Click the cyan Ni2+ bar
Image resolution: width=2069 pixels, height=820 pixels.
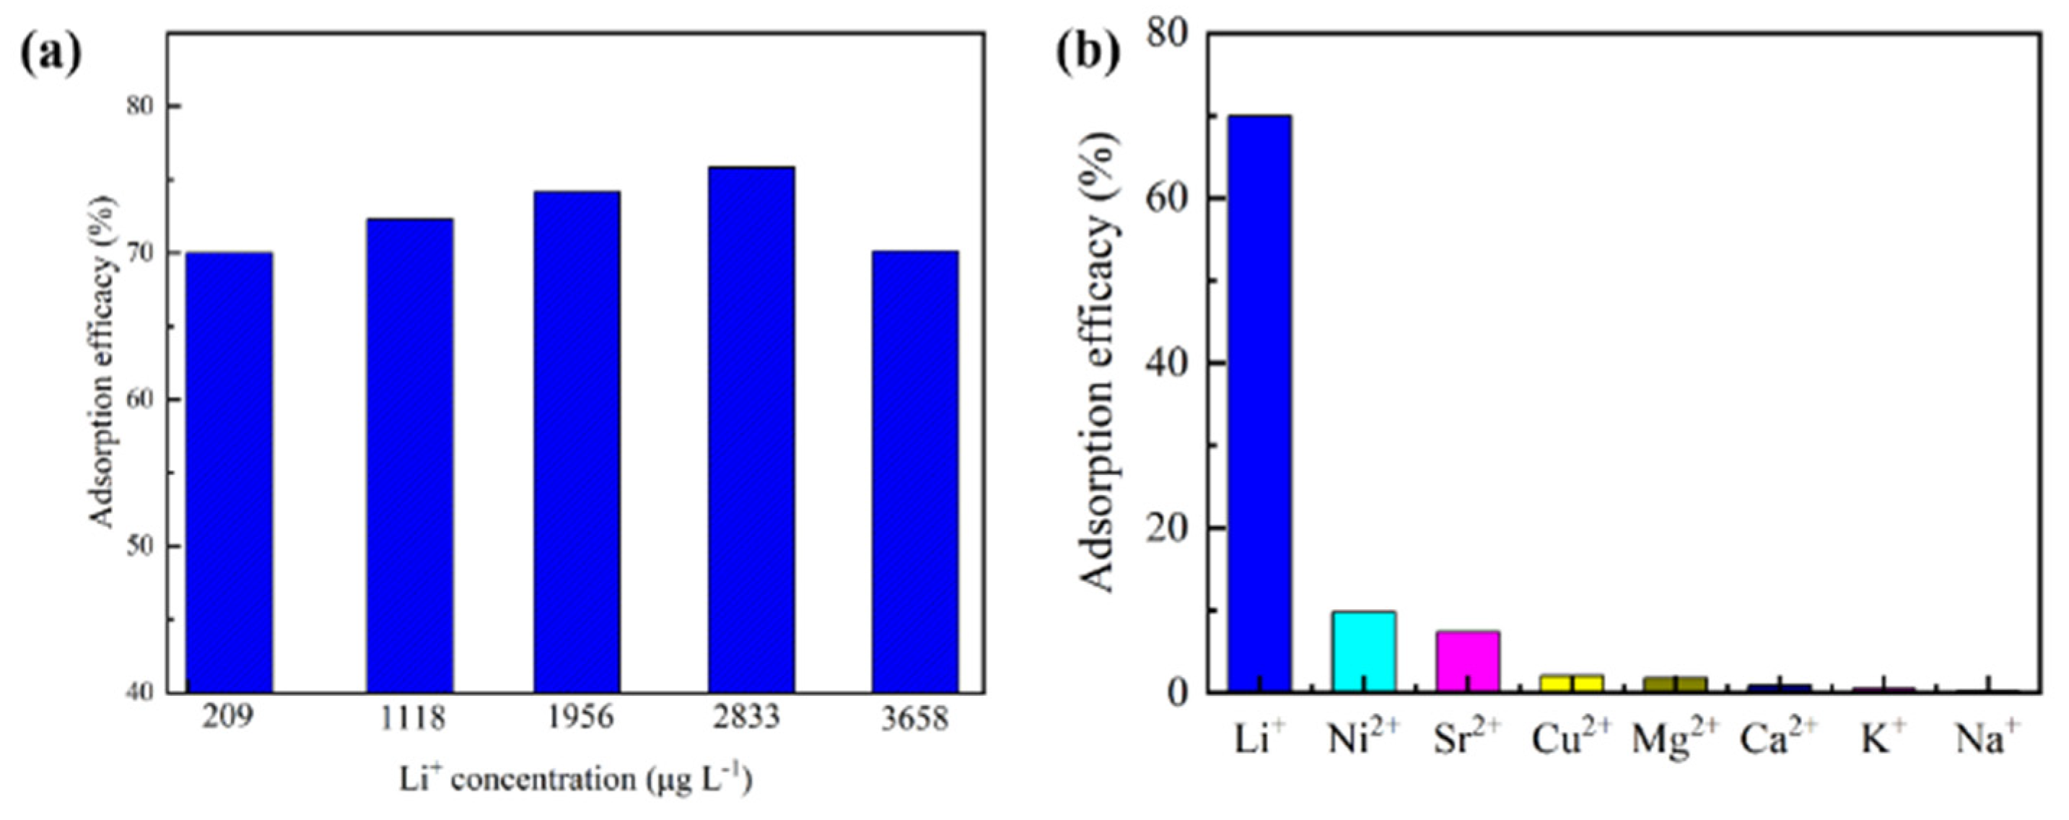[1364, 651]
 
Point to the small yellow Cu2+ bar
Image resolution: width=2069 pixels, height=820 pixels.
[1572, 683]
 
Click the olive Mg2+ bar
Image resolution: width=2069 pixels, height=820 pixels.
[1676, 684]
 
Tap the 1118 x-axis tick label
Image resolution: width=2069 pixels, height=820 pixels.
[412, 717]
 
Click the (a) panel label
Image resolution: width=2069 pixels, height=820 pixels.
[51, 54]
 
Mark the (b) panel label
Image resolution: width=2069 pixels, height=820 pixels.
[1088, 54]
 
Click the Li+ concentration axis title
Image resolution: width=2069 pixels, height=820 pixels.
[576, 780]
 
